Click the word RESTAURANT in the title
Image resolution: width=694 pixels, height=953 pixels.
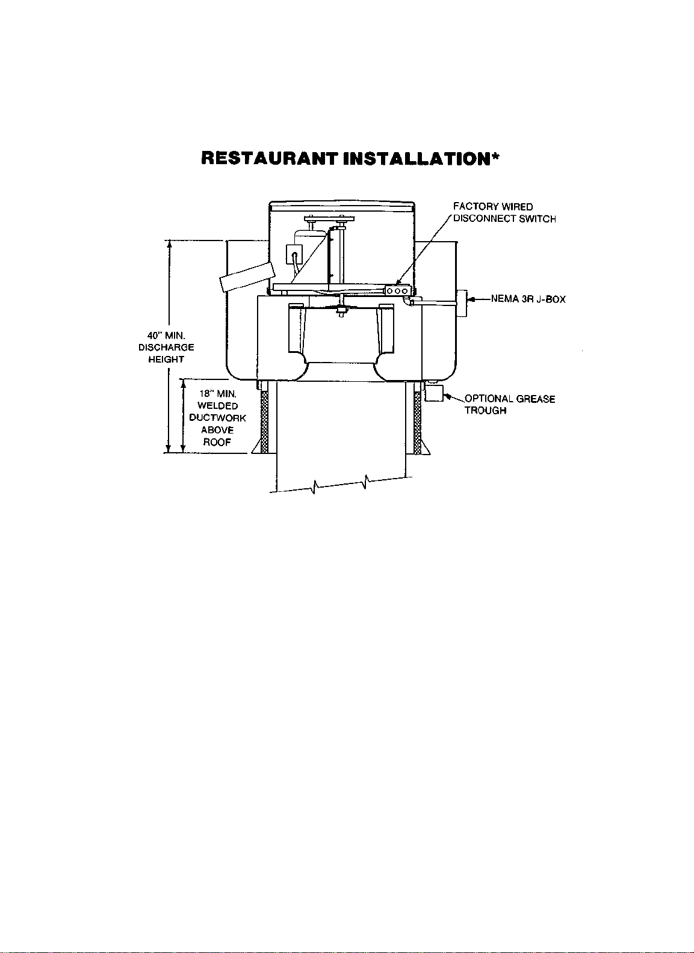tap(270, 158)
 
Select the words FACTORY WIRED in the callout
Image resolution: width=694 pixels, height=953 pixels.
tap(492, 207)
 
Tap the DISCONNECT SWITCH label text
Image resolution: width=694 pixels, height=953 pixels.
tap(504, 219)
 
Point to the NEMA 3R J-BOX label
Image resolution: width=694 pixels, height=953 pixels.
tap(528, 299)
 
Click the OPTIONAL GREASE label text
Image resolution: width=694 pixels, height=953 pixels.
tap(509, 399)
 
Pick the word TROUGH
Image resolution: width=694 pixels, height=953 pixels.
tap(485, 411)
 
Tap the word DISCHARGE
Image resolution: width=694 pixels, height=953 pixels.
tap(166, 347)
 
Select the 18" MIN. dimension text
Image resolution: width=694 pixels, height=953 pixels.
tap(217, 394)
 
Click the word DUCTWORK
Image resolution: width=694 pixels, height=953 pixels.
tap(217, 418)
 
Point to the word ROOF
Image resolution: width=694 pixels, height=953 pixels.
tap(217, 442)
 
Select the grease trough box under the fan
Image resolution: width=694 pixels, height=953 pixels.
tap(433, 393)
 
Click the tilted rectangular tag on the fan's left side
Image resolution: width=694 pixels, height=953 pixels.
tap(247, 277)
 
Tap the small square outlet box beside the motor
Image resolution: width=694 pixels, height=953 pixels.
tap(294, 253)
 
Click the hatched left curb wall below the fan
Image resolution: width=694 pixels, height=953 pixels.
tap(264, 421)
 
